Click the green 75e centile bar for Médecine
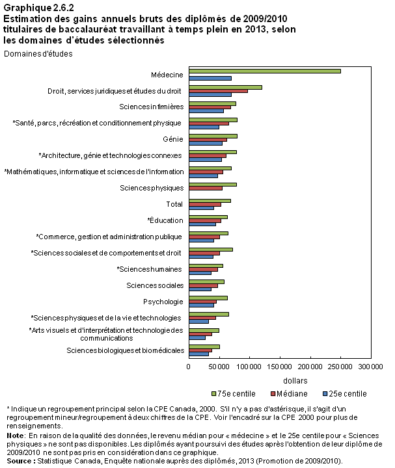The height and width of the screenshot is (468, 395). click(x=265, y=71)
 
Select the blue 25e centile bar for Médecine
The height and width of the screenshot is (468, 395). click(x=210, y=78)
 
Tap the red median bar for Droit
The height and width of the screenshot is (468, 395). click(x=219, y=91)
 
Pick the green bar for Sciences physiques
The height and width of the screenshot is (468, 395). click(x=213, y=185)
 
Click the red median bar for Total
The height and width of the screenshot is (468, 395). click(x=205, y=205)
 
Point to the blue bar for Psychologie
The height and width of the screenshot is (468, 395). click(x=201, y=305)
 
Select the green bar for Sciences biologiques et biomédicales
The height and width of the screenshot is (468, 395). click(x=204, y=346)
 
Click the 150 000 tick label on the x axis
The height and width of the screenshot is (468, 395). click(x=279, y=367)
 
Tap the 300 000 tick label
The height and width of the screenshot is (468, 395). click(x=370, y=367)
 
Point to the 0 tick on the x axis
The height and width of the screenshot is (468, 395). click(x=188, y=367)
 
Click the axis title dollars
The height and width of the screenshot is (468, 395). click(x=295, y=381)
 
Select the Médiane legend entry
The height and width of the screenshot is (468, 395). click(x=289, y=394)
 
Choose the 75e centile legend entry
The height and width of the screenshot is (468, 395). click(x=234, y=394)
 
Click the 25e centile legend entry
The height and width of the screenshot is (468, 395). click(x=345, y=394)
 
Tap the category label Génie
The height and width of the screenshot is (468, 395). click(x=173, y=139)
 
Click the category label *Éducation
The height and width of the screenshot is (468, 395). click(x=165, y=220)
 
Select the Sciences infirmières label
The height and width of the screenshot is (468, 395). click(x=152, y=107)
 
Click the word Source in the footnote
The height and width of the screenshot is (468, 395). click(x=20, y=461)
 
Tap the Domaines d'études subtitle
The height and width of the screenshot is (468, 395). click(x=38, y=54)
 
